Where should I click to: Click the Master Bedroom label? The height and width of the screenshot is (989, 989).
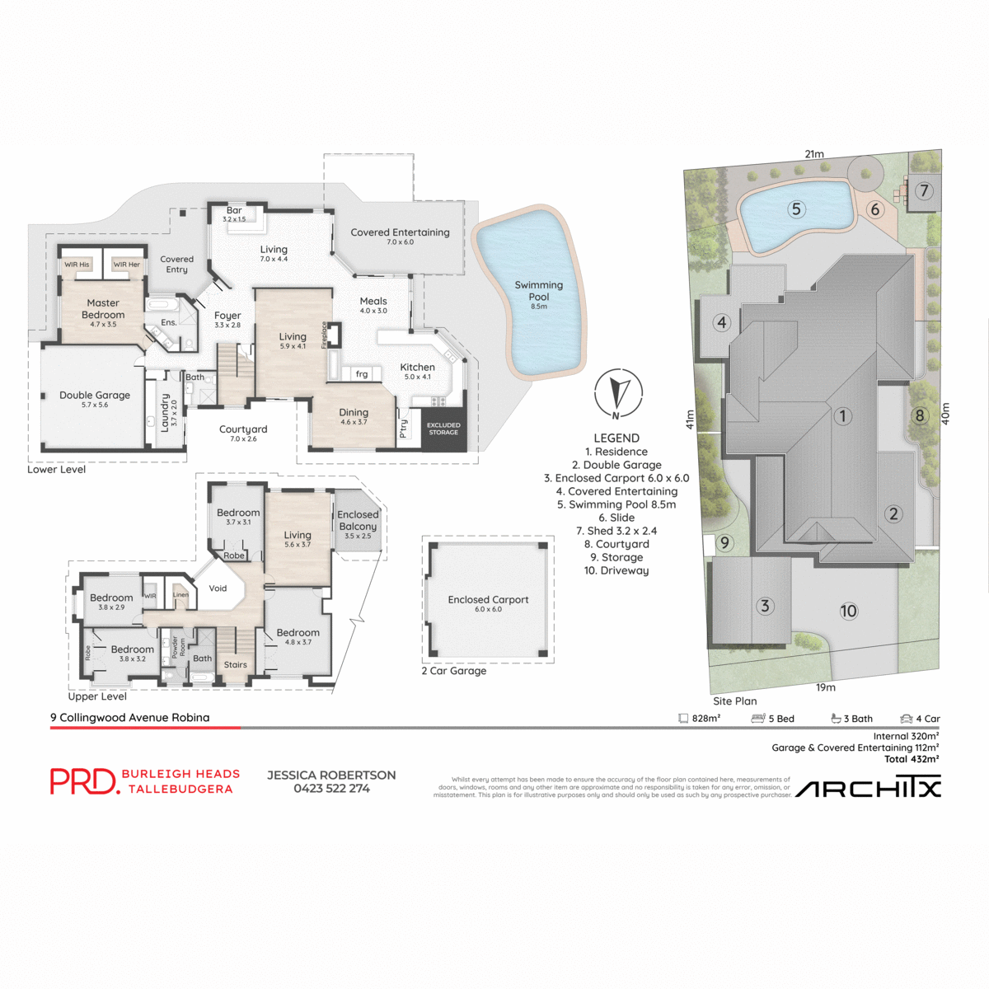click(103, 309)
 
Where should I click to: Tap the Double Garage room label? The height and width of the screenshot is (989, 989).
click(95, 396)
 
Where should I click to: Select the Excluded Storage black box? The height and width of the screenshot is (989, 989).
click(443, 429)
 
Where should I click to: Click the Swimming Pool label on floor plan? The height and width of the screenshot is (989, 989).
click(539, 291)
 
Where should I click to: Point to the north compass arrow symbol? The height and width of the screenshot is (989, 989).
click(618, 393)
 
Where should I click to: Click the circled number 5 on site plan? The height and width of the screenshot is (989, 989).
click(796, 209)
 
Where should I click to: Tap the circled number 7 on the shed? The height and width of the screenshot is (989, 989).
click(924, 191)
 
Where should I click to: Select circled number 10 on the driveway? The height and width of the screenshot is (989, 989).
click(848, 611)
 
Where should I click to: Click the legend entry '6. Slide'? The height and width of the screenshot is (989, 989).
click(616, 518)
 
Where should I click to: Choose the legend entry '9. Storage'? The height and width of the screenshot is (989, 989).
click(616, 557)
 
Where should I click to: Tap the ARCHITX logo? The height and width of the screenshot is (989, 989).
click(868, 789)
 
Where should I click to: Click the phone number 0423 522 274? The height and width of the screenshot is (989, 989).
click(331, 789)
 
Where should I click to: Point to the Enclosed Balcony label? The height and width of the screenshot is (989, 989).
click(358, 521)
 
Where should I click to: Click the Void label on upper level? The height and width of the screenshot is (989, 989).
click(218, 588)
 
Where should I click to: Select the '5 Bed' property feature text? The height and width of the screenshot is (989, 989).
click(780, 719)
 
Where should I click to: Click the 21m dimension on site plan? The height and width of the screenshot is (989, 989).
click(814, 154)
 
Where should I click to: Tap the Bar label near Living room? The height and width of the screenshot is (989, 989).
click(234, 211)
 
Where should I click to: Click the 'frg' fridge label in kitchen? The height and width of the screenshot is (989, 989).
click(362, 374)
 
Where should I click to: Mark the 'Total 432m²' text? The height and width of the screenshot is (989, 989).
click(911, 759)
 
